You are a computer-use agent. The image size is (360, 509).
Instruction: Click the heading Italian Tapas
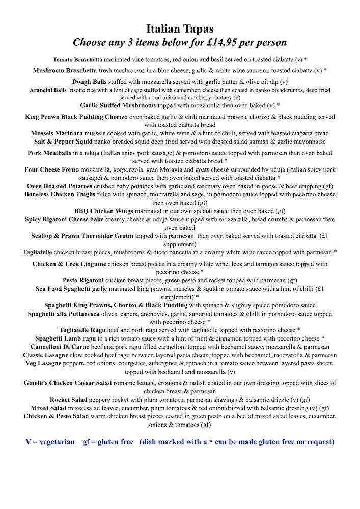[x=180, y=28]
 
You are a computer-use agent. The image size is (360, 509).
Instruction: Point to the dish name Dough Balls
[x=89, y=82]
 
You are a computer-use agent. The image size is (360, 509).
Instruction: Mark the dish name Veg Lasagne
[x=47, y=363]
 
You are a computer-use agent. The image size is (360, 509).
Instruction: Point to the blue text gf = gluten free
[x=108, y=442]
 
